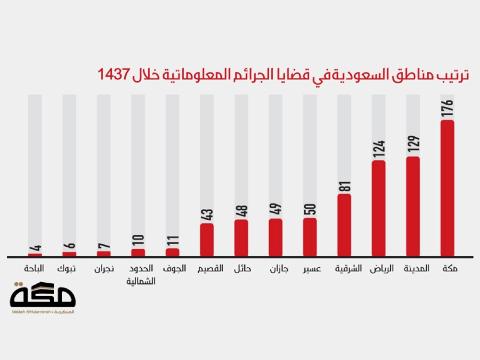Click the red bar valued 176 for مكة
(447, 188)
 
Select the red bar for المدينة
(413, 206)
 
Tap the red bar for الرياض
(379, 208)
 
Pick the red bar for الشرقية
(344, 225)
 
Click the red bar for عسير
(310, 237)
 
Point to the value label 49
(276, 210)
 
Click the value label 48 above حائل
(241, 211)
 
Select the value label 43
(207, 214)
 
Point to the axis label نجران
(104, 269)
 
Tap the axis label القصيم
(210, 269)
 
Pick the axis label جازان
(278, 269)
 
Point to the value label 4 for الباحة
(35, 249)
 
